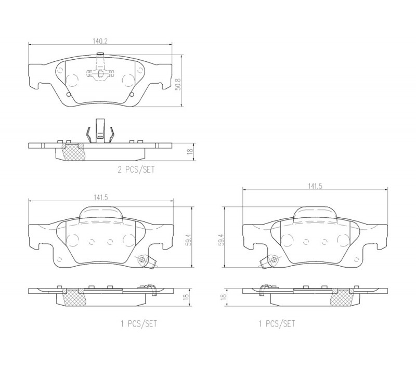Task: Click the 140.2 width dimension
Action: click(100, 41)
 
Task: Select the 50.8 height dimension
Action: click(178, 84)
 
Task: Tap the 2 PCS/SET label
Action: click(136, 169)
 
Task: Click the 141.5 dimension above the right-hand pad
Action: click(315, 187)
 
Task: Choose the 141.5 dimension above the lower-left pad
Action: click(100, 198)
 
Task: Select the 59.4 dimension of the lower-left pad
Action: click(189, 240)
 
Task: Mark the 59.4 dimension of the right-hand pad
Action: click(220, 240)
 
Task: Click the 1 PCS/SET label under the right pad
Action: click(277, 324)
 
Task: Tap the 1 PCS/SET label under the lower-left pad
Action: click(139, 324)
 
